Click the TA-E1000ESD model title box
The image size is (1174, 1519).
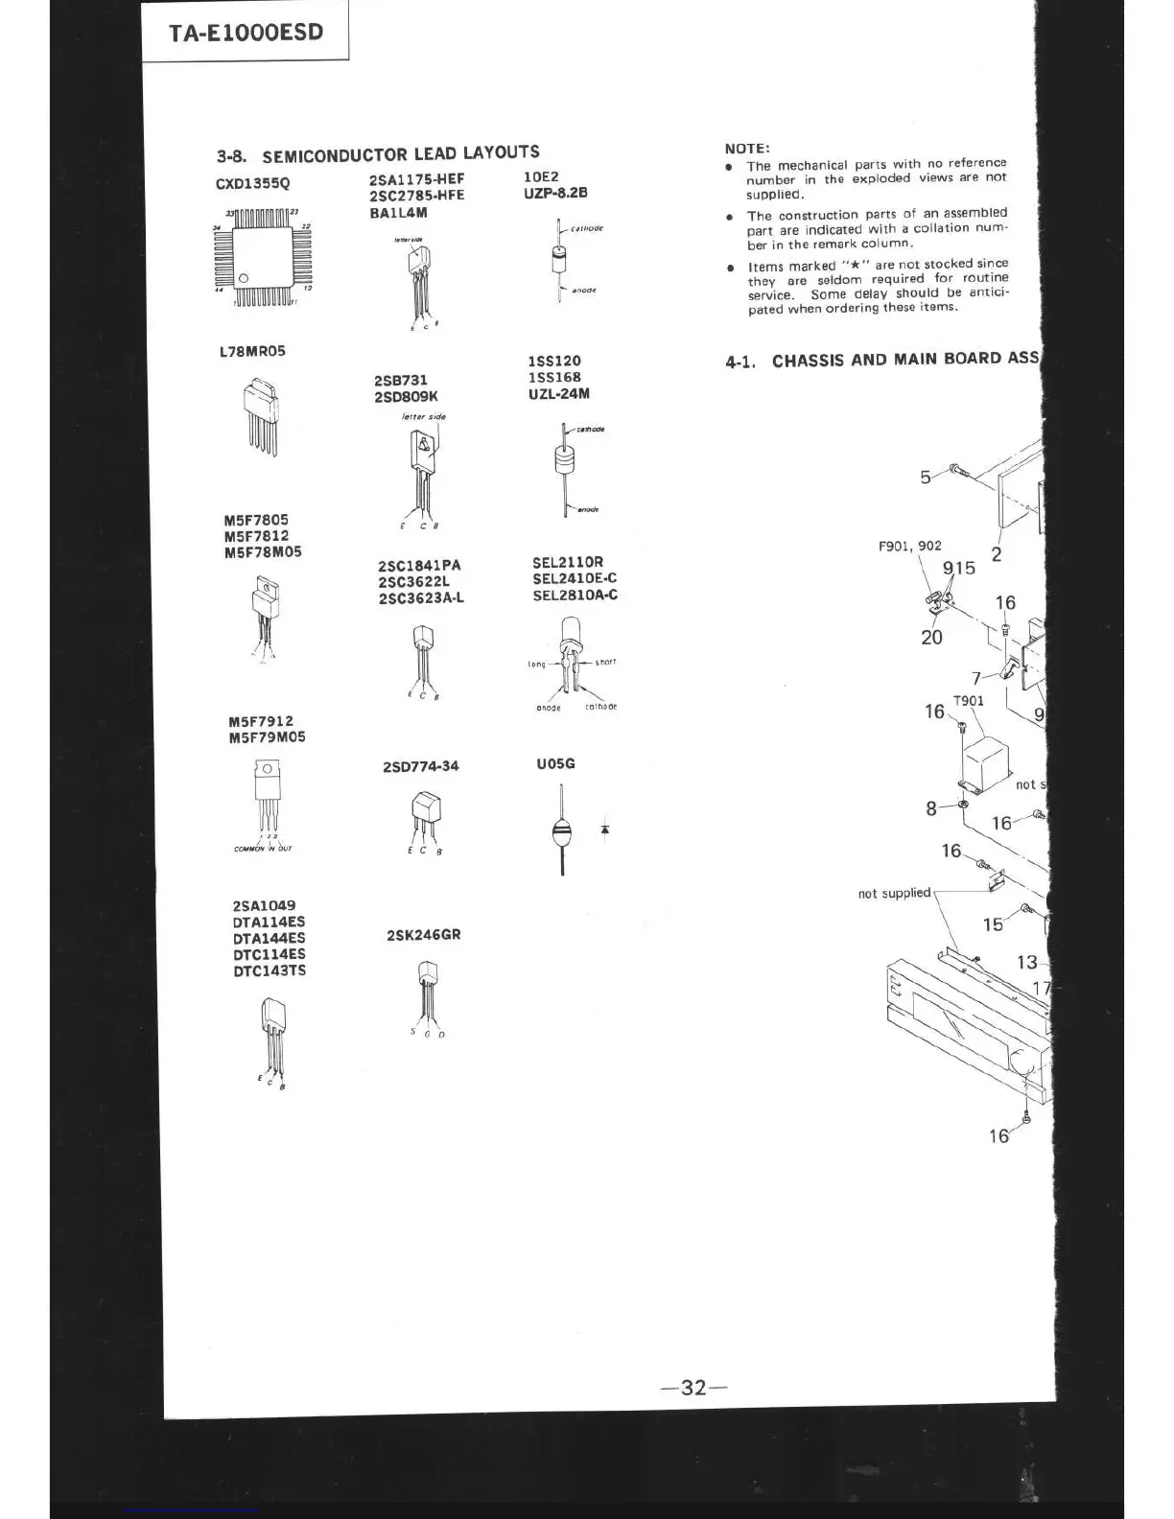click(246, 33)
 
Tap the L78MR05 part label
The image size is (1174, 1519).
click(252, 351)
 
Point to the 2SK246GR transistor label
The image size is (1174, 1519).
click(423, 934)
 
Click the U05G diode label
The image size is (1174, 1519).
click(555, 764)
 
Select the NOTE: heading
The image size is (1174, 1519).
click(747, 149)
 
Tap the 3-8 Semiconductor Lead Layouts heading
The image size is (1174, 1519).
click(378, 153)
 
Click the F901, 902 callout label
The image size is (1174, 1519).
click(909, 547)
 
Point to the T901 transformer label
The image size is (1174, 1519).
click(968, 701)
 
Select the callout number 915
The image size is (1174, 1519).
click(958, 568)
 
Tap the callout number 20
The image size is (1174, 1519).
click(931, 637)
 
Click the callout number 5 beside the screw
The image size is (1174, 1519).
click(926, 477)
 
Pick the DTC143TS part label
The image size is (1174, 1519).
click(270, 970)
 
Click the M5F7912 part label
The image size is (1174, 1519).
click(261, 721)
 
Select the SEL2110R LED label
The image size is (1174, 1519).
click(568, 562)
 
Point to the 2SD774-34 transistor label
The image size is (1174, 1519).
click(420, 766)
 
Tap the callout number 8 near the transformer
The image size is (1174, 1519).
click(930, 808)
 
